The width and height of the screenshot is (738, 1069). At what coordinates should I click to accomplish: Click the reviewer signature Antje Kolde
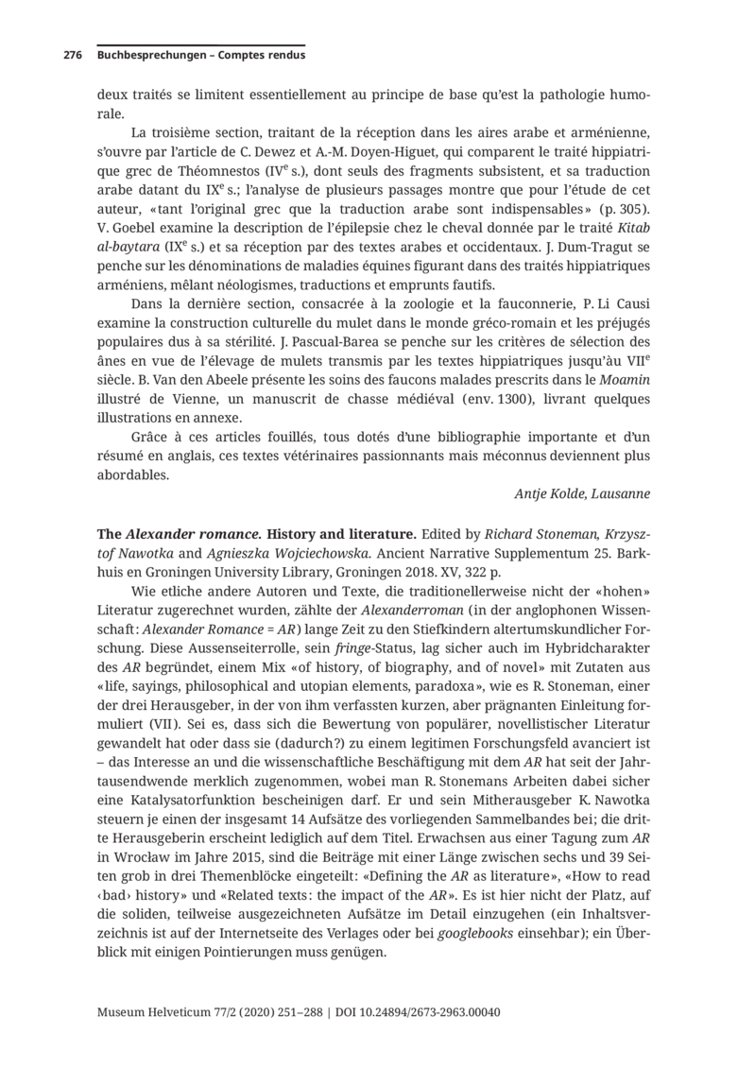click(x=582, y=493)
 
